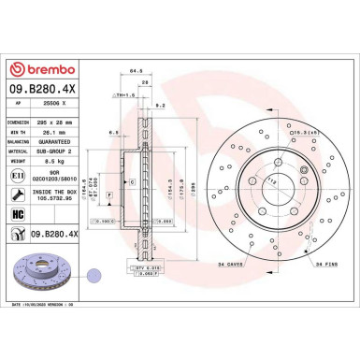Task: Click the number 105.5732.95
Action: pyautogui.click(x=62, y=197)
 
